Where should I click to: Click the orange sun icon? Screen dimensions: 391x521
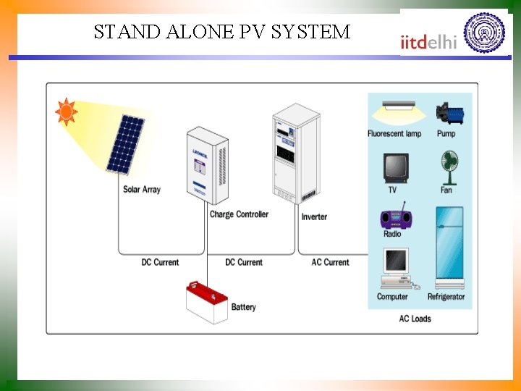[67, 112]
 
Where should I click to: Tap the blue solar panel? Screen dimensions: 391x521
[126, 145]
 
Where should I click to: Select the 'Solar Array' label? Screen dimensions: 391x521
[142, 190]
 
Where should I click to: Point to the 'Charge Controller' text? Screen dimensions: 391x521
[239, 214]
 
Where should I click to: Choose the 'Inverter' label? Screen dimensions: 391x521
[314, 216]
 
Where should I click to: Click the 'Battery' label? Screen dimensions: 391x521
[243, 307]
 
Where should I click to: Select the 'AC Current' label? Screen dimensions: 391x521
[330, 262]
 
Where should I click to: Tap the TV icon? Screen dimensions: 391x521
[395, 167]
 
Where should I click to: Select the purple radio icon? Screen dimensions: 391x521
[394, 217]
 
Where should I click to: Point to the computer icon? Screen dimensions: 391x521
[395, 268]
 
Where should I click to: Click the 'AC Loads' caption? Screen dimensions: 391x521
[415, 319]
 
